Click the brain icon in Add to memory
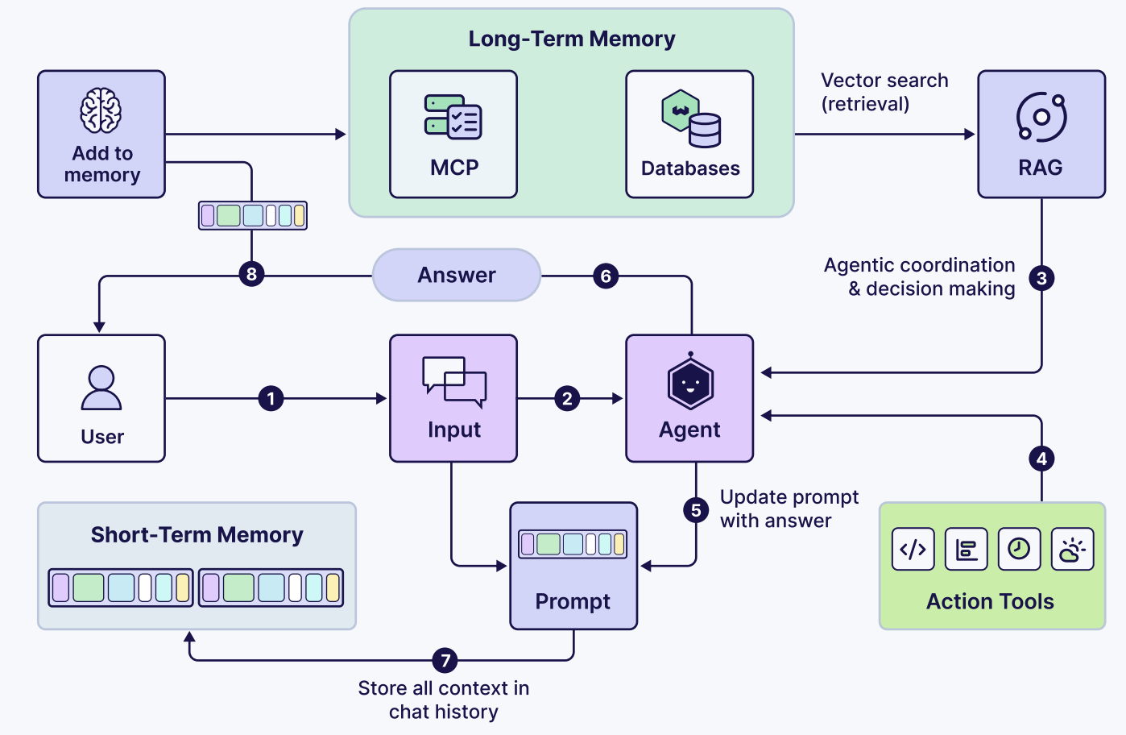click(x=101, y=110)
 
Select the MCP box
click(x=453, y=135)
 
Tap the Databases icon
click(x=691, y=118)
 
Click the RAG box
click(x=1041, y=135)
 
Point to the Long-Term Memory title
click(x=572, y=39)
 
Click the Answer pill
click(x=457, y=275)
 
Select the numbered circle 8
click(x=251, y=274)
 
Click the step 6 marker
click(x=606, y=276)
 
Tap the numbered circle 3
click(x=1041, y=278)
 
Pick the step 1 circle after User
click(x=271, y=398)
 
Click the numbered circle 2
click(x=567, y=398)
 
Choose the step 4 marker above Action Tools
click(x=1041, y=459)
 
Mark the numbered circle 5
click(x=696, y=510)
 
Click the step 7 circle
click(x=445, y=661)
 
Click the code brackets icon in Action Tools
click(x=913, y=550)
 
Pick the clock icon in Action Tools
click(x=1019, y=550)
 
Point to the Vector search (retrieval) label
click(x=884, y=92)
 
